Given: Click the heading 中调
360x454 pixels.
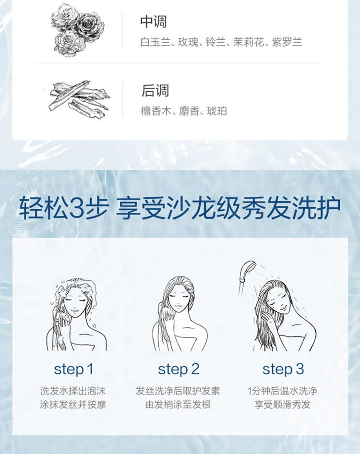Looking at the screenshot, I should click(154, 22).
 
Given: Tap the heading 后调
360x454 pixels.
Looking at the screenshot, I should click(155, 90).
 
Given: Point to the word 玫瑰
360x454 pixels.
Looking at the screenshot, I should click(187, 42).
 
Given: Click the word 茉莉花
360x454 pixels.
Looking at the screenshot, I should click(248, 42).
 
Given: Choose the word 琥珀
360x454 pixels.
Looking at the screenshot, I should click(217, 111).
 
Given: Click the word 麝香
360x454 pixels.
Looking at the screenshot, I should click(187, 111).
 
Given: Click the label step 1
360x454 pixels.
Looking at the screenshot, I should click(73, 369).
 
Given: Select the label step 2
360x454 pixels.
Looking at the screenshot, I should click(179, 369).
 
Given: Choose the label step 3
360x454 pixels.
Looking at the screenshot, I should click(283, 369).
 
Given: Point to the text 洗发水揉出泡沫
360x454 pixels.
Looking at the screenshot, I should click(73, 391).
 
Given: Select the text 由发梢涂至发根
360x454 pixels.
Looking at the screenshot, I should click(178, 405).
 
